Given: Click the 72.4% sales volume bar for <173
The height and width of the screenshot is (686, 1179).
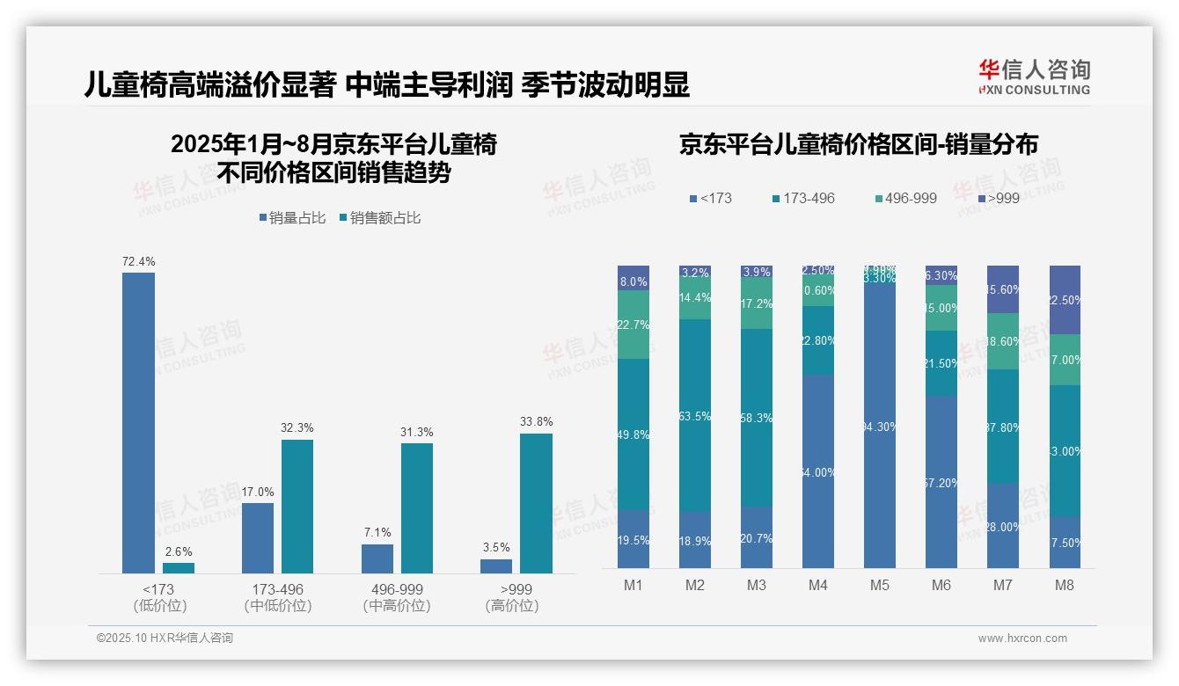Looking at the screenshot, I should pos(138,422).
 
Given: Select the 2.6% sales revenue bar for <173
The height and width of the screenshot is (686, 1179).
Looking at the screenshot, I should pos(179,568).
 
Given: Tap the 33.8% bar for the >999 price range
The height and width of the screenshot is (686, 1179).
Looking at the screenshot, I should pos(536,503).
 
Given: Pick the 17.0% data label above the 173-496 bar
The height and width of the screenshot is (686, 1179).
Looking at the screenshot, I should pos(258,492).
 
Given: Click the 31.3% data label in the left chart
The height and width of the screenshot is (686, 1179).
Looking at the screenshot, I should pos(417,432).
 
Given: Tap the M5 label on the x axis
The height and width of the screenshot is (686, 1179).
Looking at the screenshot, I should pos(880,585).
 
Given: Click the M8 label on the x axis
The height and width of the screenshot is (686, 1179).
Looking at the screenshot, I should pos(1065,585).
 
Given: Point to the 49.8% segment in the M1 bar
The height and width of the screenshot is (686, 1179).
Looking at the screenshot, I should pos(633,434).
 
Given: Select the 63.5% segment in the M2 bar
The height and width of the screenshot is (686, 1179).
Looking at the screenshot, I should pos(695,416).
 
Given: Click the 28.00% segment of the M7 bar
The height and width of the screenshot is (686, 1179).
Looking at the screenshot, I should pos(1003,526).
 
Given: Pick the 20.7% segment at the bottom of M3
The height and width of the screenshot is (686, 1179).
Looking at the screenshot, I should pos(757,537).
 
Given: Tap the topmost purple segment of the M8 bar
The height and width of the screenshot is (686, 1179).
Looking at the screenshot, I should pos(1065,299).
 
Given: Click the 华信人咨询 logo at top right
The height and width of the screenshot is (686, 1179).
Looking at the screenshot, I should pos(1034,77).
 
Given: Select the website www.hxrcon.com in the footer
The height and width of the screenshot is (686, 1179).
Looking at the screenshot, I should pos(1022,639).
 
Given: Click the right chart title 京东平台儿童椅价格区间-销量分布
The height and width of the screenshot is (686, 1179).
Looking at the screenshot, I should pos(858,145).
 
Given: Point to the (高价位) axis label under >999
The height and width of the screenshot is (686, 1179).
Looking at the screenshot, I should pos(511,606).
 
